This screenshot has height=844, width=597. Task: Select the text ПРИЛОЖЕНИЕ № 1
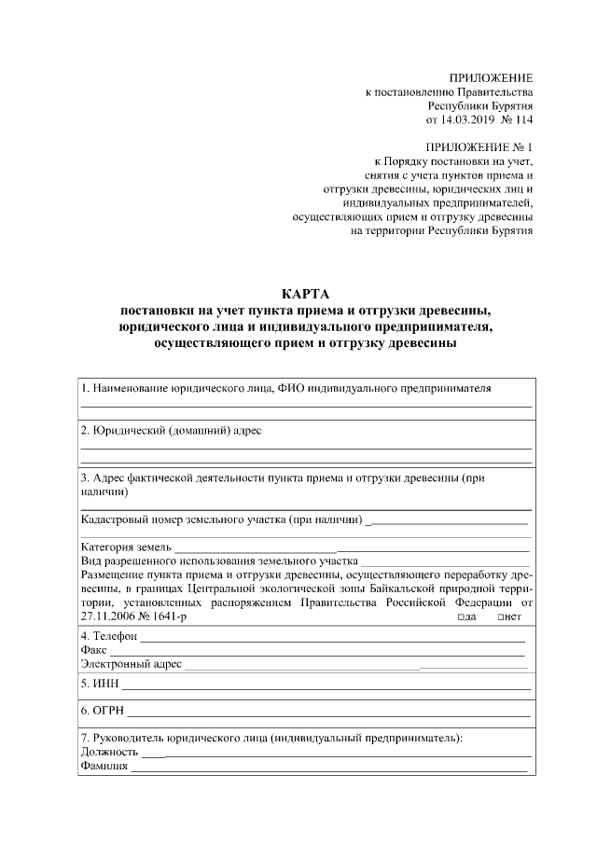478,147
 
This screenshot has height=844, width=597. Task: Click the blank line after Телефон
331,640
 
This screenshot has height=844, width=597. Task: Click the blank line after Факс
317,654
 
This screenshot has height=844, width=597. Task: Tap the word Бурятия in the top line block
511,106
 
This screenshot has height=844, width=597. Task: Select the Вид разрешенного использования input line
446,564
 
